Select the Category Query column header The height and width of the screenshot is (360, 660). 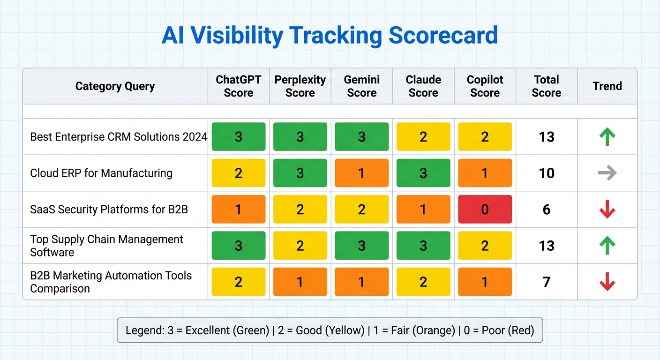[115, 86]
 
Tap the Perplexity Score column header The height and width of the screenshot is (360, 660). [300, 86]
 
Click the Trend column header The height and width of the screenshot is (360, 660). [607, 86]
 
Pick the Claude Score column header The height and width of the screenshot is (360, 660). [423, 86]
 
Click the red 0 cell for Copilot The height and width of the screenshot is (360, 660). [485, 209]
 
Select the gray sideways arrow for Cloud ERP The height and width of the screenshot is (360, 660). [607, 173]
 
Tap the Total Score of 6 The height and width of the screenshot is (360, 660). [546, 210]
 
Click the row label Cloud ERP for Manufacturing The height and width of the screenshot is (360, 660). [101, 173]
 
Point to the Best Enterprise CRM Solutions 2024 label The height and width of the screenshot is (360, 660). [119, 137]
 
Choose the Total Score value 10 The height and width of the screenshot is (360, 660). [546, 173]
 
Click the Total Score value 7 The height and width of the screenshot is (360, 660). [546, 282]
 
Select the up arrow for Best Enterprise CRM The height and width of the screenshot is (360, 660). [607, 137]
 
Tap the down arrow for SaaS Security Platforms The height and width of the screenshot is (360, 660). [607, 209]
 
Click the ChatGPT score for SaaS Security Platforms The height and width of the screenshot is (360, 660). [239, 209]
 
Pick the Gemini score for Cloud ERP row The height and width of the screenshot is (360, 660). [361, 173]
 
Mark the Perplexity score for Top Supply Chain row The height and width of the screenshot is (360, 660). [300, 246]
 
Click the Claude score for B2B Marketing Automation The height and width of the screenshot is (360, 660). [423, 282]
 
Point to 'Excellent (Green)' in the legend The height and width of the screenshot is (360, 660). [228, 330]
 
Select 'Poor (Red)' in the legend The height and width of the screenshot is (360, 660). [506, 330]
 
